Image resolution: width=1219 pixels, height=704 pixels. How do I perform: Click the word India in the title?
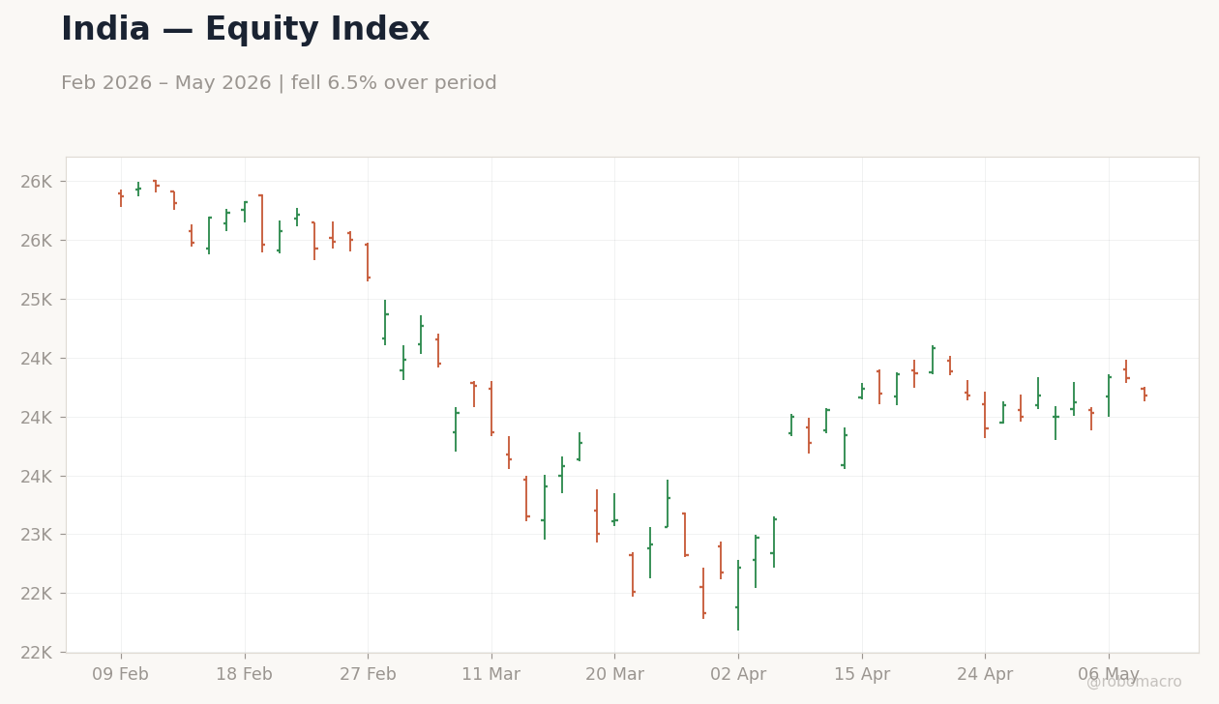click(105, 29)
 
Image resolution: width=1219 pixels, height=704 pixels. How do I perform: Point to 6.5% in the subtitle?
click(347, 83)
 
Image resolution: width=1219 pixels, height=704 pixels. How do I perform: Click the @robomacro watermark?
click(1134, 682)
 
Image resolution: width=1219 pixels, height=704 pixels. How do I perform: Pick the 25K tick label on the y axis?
click(37, 299)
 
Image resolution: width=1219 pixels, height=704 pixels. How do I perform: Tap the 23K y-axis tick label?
click(37, 535)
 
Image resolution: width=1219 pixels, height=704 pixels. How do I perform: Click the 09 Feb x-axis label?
click(120, 674)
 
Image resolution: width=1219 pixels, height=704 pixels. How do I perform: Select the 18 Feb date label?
click(245, 674)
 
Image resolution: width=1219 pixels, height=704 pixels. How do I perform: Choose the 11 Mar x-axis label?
click(491, 674)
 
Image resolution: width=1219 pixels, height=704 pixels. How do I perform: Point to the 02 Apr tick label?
click(738, 674)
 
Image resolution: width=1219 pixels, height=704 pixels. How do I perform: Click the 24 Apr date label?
click(985, 674)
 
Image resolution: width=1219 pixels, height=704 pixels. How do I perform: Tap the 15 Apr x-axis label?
click(862, 674)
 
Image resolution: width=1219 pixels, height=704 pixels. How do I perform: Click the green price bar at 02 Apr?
click(738, 595)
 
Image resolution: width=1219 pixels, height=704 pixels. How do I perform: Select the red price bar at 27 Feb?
click(368, 262)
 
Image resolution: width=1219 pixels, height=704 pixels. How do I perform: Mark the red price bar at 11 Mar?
click(491, 409)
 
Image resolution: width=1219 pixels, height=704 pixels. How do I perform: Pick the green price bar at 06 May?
click(1109, 396)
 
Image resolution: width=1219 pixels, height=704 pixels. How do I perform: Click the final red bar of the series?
click(1145, 394)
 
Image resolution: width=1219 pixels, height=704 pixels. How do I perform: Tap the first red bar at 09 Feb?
click(121, 198)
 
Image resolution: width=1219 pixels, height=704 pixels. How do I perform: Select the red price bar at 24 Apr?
click(985, 415)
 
